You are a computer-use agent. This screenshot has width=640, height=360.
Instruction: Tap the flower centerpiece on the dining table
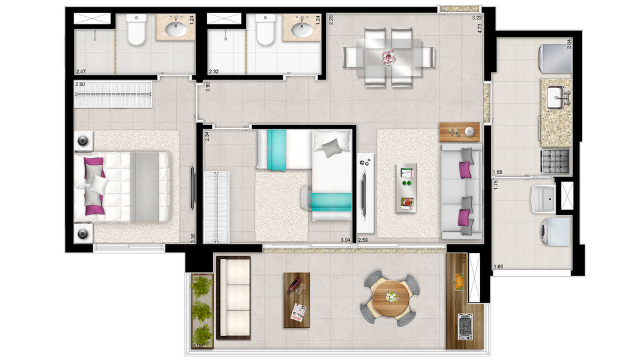tap(389, 57)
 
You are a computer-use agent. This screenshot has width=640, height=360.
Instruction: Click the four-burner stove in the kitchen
tap(555, 161)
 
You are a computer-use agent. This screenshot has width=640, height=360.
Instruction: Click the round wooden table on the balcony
tap(390, 299)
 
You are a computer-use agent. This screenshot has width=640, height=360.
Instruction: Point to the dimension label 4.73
tap(479, 28)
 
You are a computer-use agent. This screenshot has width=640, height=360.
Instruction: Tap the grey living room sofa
tap(462, 191)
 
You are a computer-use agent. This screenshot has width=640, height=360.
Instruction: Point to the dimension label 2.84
tap(569, 44)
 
